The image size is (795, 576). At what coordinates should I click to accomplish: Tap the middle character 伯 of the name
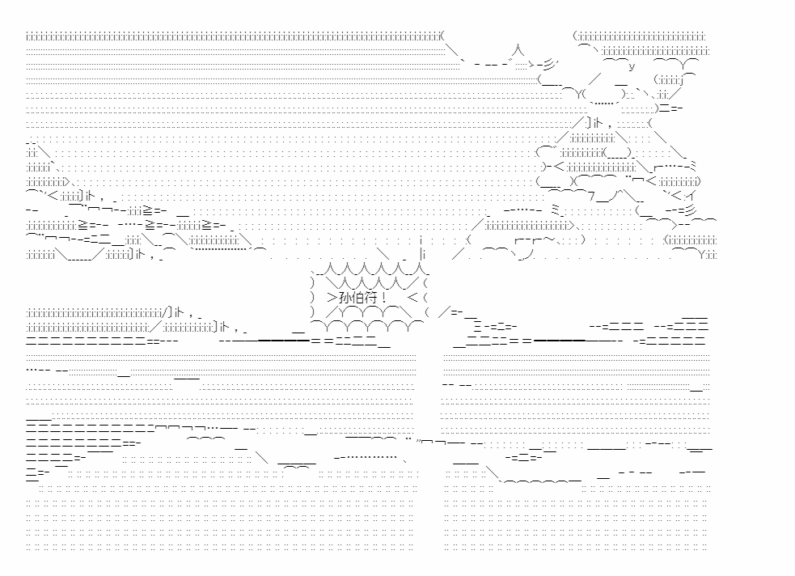358,297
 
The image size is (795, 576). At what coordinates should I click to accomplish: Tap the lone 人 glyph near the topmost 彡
518,50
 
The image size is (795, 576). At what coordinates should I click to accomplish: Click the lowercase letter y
632,66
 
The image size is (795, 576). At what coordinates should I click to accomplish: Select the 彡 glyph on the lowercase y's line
551,65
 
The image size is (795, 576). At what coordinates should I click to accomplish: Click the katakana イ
691,195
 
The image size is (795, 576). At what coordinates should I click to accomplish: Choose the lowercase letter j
683,80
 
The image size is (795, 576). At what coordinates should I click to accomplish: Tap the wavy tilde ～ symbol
549,239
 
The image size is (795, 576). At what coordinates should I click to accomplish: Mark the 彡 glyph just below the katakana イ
690,210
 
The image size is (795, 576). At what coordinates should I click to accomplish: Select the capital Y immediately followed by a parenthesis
579,95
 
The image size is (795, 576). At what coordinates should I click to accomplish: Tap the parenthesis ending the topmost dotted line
442,36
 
